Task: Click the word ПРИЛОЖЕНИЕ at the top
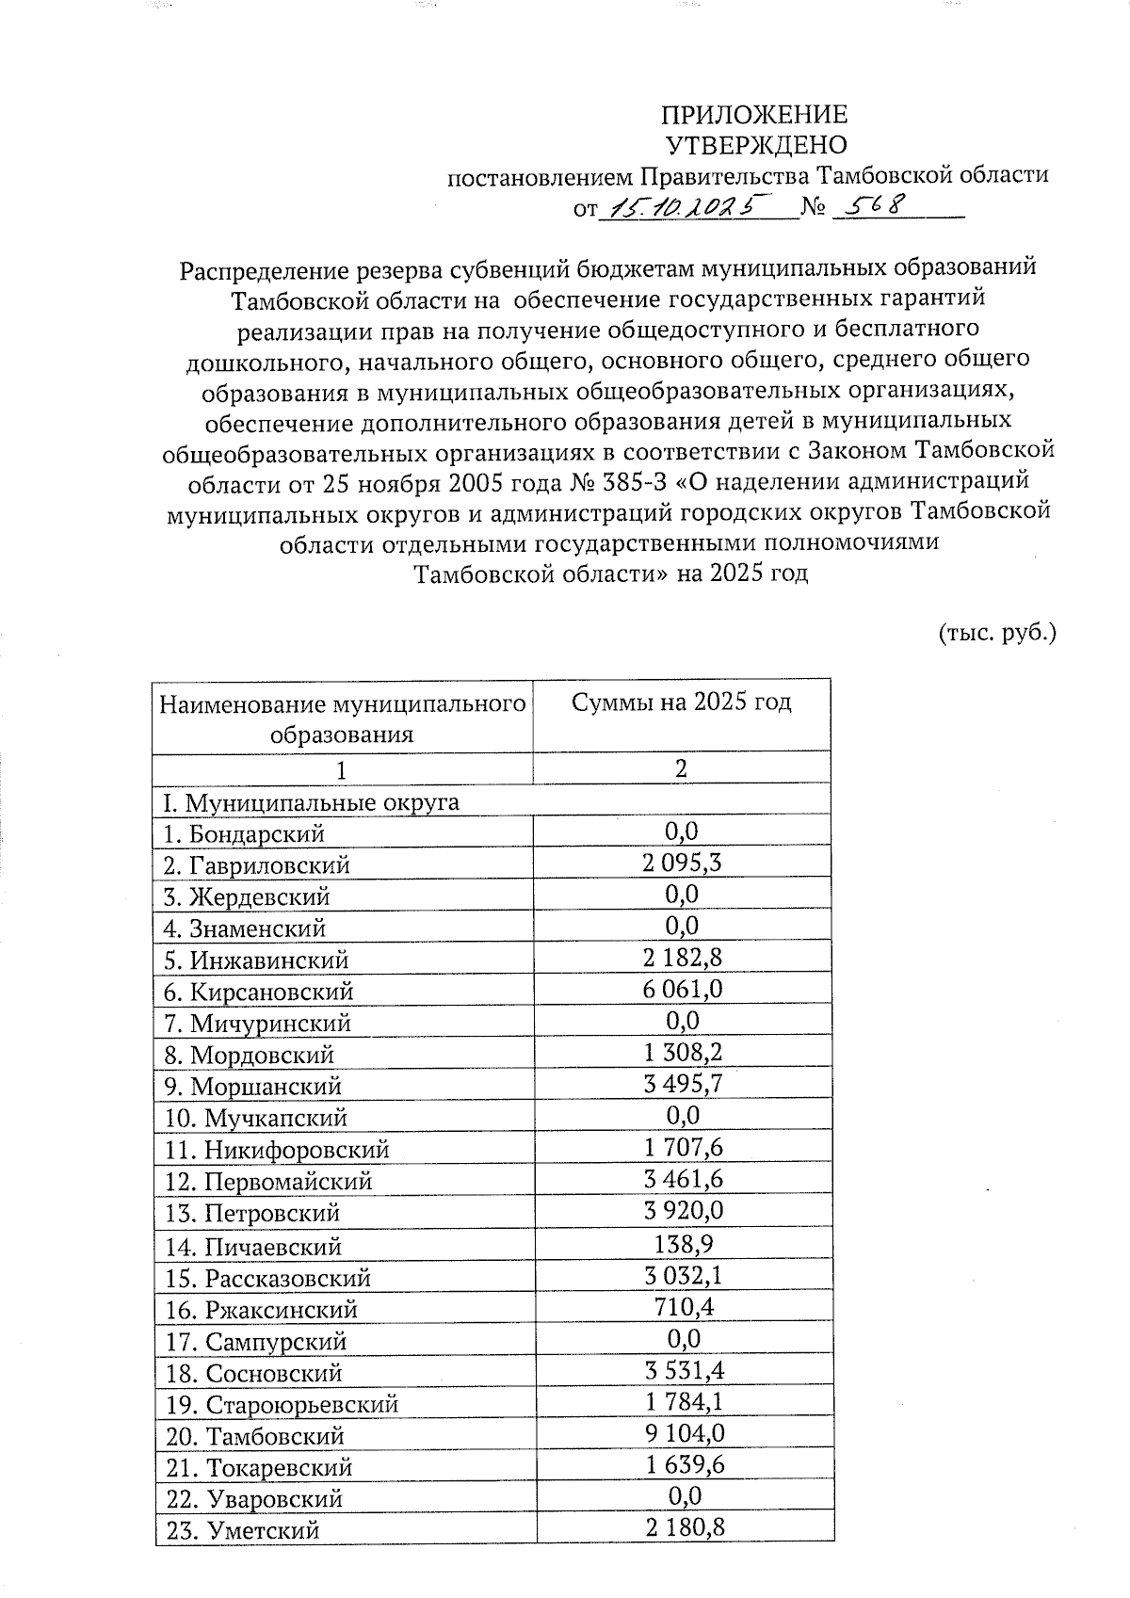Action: click(753, 115)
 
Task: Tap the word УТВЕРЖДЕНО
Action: click(756, 145)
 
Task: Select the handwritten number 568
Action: click(872, 204)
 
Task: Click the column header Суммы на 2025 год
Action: click(682, 702)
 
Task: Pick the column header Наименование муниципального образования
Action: click(342, 718)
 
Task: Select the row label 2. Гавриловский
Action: click(256, 864)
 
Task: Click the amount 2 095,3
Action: click(682, 863)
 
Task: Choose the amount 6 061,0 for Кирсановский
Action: click(682, 989)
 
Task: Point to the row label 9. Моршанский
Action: click(252, 1086)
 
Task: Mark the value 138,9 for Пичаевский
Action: click(682, 1244)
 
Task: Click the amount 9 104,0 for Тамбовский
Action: click(684, 1433)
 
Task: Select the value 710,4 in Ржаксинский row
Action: click(682, 1307)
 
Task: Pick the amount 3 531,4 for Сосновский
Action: click(684, 1370)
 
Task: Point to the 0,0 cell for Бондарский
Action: click(682, 831)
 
